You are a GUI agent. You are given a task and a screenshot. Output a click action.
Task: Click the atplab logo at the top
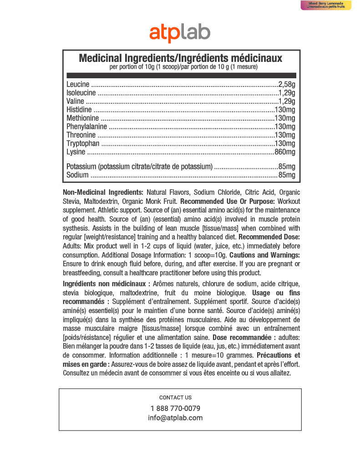coord(180,33)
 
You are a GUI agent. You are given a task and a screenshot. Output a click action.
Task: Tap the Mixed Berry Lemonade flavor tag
coord(325,5)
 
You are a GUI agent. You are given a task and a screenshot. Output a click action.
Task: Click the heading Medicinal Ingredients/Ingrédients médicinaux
coord(181,58)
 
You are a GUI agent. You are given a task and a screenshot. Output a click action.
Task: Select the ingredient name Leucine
coord(78,84)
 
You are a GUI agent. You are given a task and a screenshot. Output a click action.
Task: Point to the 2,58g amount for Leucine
coord(287,84)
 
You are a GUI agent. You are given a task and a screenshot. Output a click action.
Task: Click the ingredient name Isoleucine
coord(81,93)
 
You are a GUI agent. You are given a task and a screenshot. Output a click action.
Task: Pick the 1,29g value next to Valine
coord(287,101)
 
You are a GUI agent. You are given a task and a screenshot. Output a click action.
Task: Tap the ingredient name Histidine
coord(79,110)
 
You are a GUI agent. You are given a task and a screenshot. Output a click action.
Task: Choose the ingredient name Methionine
coord(82,118)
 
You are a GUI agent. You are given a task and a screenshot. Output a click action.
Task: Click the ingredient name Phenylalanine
coord(86,127)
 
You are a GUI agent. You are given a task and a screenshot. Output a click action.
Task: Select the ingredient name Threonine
coord(81,135)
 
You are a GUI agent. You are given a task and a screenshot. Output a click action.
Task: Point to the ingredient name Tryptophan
coord(82,143)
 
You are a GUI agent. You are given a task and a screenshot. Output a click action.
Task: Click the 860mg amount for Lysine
coord(285,152)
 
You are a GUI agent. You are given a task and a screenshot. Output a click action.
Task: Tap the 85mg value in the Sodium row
coord(287,175)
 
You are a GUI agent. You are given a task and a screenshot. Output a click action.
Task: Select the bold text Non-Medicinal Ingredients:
coord(103,192)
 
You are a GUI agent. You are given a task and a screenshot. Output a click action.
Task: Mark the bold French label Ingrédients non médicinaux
coord(106,284)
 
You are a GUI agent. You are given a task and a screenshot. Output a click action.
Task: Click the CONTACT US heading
coord(175,397)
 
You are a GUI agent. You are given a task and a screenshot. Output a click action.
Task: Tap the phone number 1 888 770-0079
coord(175,408)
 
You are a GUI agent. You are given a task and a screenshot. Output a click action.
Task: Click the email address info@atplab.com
coord(175,418)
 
